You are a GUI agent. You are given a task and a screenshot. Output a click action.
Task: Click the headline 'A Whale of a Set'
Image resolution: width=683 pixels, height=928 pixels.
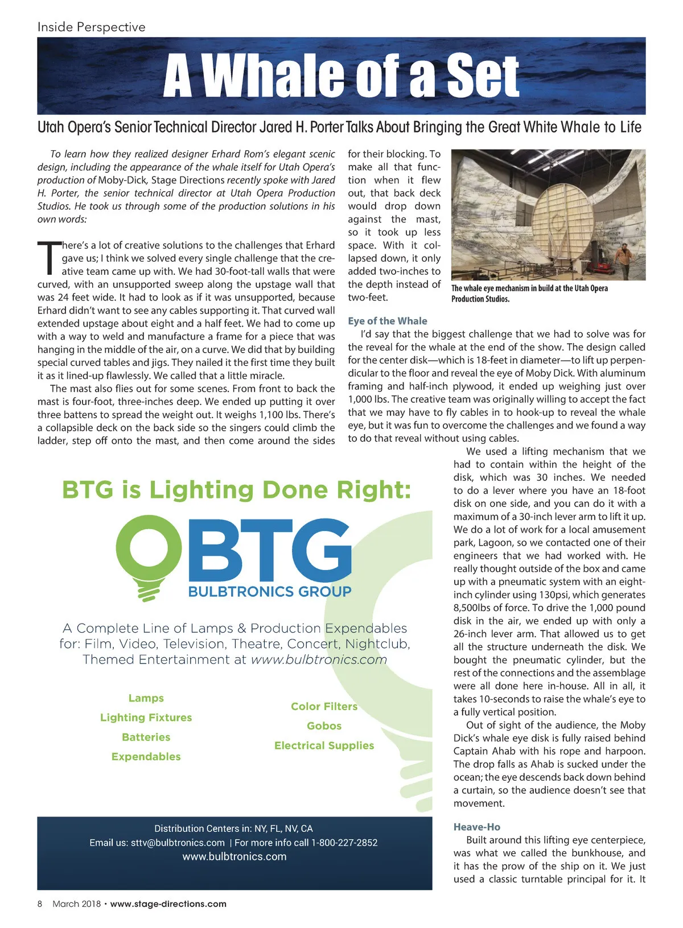click(341, 76)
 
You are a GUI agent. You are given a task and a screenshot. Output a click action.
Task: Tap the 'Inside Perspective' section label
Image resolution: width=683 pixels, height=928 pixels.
click(91, 27)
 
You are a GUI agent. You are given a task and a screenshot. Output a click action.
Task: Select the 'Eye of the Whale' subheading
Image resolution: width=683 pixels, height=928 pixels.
click(387, 321)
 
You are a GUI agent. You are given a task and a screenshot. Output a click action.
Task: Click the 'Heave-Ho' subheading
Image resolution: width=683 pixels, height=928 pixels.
click(476, 827)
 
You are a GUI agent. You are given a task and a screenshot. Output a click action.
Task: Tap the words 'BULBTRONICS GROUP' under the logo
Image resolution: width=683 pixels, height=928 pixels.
click(269, 592)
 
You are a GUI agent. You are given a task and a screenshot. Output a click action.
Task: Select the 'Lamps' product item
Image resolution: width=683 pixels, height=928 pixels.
click(146, 698)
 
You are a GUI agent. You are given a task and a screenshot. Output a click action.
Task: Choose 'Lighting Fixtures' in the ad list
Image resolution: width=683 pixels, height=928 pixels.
click(146, 717)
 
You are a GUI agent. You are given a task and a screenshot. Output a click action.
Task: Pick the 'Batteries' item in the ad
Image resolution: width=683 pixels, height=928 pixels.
click(146, 737)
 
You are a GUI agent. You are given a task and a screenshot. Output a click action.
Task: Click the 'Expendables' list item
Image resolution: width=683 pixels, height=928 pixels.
click(146, 756)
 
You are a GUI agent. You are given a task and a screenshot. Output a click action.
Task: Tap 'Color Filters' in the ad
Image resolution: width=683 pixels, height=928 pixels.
click(324, 706)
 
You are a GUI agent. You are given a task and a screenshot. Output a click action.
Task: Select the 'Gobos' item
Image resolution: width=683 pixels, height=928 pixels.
click(324, 725)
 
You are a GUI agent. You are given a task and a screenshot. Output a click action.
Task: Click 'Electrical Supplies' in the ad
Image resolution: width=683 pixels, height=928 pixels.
click(324, 745)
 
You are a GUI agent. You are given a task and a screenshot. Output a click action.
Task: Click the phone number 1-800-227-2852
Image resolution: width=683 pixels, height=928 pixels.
click(344, 843)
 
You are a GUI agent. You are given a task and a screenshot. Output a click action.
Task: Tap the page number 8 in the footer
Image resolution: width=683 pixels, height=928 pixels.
click(40, 904)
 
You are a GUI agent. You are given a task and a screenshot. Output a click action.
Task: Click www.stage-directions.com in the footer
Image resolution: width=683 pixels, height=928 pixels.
click(168, 904)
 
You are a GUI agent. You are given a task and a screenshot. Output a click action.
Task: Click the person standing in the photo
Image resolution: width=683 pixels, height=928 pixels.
click(624, 259)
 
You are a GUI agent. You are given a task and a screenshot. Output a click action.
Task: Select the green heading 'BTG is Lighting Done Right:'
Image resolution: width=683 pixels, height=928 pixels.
click(236, 490)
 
